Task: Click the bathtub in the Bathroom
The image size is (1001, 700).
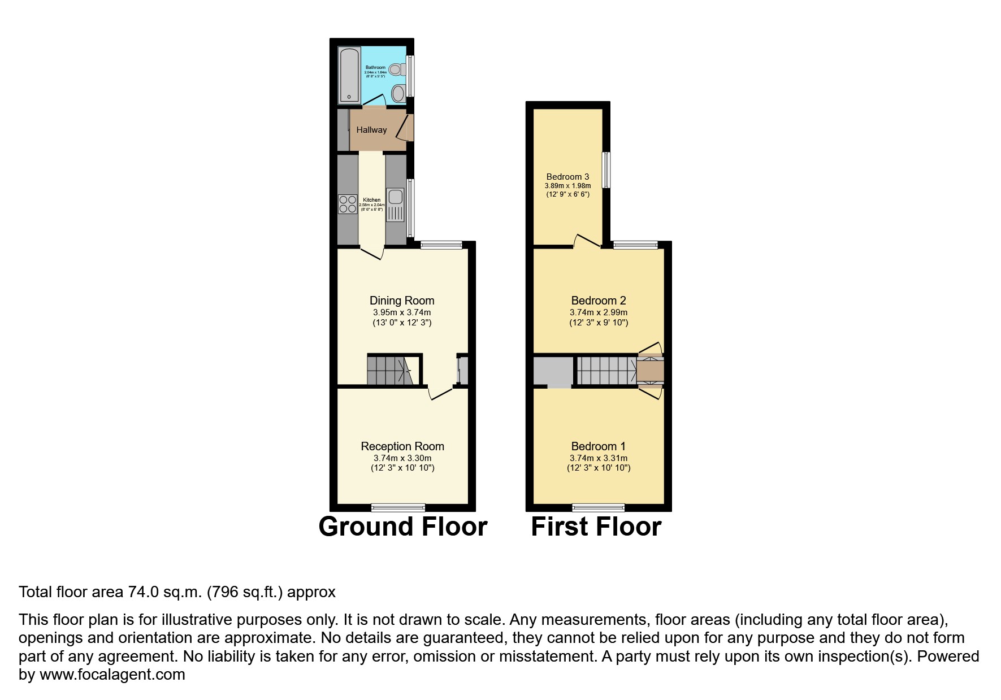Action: point(349,76)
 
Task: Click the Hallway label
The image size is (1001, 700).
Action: point(371,130)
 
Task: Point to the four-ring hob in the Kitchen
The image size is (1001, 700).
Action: point(348,204)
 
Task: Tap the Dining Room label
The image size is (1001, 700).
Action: point(402,301)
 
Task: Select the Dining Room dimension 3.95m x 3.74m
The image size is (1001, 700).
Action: point(402,312)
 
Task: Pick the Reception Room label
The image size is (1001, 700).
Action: point(402,446)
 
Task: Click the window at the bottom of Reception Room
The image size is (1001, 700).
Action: point(398,507)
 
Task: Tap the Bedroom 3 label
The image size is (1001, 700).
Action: point(567,177)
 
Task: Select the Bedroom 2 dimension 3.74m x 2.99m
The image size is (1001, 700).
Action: point(599,312)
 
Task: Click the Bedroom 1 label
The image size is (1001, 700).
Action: point(599,446)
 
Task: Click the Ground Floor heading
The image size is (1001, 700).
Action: point(402,527)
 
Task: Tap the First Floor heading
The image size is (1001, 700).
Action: point(596,527)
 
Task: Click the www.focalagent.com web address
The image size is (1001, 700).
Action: point(112,675)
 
